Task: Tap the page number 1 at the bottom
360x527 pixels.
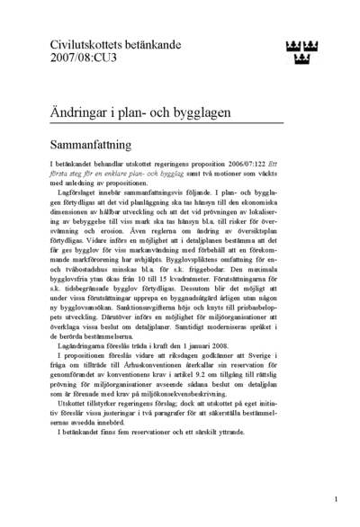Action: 335,497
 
